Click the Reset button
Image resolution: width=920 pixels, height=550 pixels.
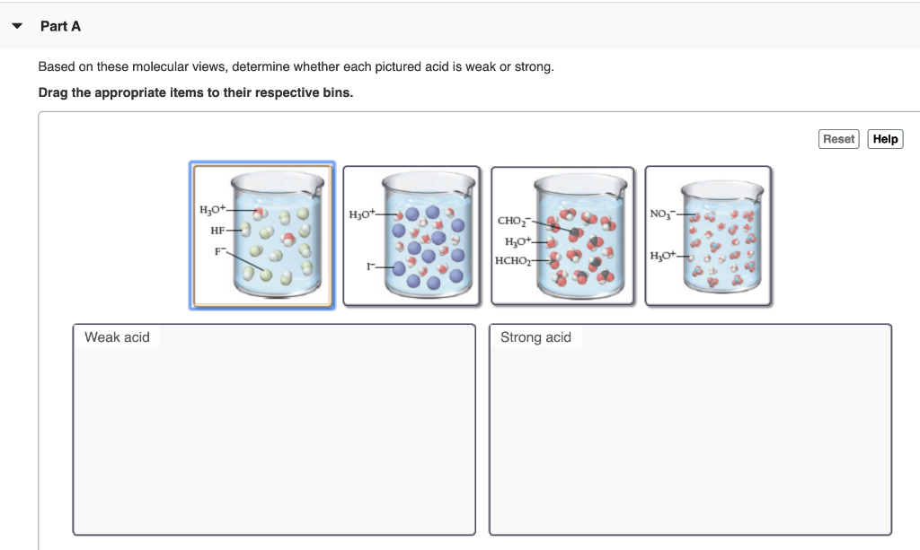838,139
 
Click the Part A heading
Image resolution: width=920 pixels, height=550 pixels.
60,26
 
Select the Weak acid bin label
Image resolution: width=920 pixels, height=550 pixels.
117,337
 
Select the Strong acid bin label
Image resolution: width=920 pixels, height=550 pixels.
535,337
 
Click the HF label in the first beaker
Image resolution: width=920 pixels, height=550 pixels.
217,231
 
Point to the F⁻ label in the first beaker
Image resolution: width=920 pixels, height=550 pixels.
219,250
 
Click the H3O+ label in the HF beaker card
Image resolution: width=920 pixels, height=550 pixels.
213,209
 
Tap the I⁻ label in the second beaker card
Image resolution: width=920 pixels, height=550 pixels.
369,266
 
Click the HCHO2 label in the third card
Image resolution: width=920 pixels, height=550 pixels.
513,260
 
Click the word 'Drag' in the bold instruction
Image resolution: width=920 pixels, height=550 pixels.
53,92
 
